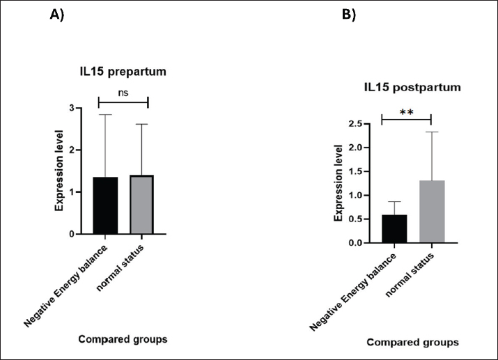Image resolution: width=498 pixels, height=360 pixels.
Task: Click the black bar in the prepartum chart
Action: coord(106,205)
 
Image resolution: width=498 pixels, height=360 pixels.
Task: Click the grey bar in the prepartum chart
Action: coord(142,205)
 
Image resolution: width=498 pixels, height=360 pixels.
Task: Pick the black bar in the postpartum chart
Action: coord(394,228)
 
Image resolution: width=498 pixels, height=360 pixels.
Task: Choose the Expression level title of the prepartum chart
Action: coord(61,171)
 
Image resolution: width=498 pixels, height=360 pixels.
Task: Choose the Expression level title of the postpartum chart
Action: coord(339,182)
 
